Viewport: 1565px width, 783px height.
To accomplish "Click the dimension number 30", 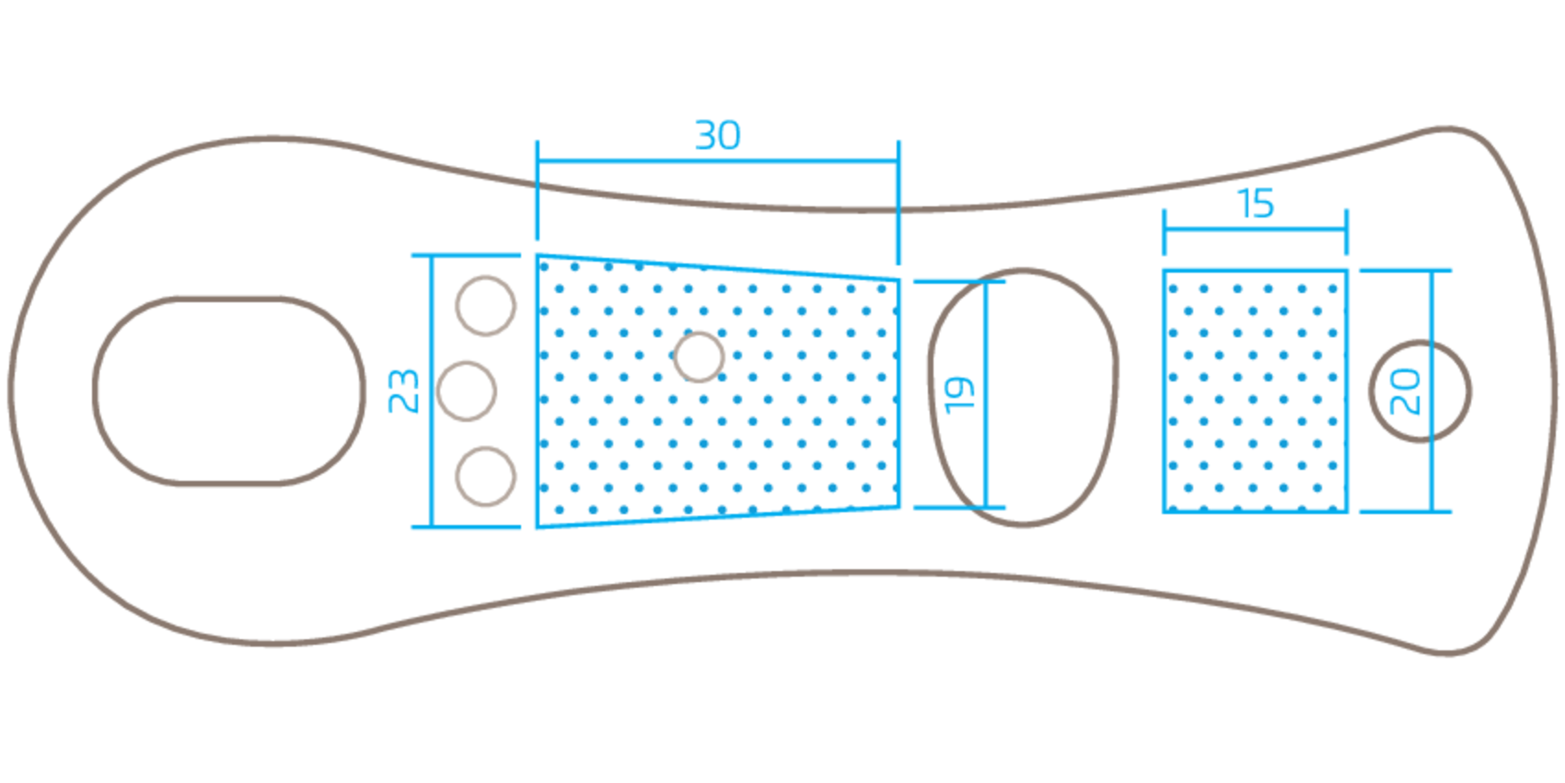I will (717, 135).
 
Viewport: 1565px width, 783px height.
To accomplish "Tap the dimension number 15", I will (1257, 203).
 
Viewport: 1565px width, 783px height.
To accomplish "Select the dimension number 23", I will (403, 391).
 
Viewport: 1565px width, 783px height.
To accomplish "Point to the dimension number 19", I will (958, 394).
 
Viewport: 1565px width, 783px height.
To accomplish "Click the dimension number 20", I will (1405, 391).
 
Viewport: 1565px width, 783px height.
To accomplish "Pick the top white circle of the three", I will (485, 305).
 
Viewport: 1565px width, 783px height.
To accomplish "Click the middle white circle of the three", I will (468, 391).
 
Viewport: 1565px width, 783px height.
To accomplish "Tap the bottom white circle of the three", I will (485, 477).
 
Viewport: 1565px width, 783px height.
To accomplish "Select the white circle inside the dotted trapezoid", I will (699, 356).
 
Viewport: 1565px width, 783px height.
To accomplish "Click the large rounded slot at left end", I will (230, 391).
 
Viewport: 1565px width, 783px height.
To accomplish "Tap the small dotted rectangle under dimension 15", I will (1256, 391).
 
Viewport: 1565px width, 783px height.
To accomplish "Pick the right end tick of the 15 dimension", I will (1347, 232).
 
